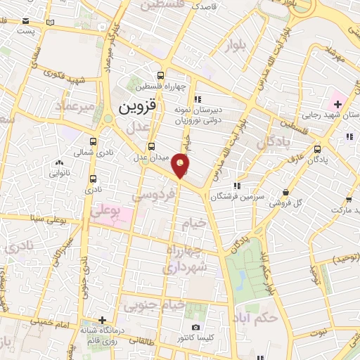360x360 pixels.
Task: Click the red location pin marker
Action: point(181,165)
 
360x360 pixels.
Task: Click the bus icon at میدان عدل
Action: point(152,146)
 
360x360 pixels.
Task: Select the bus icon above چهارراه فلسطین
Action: point(162,76)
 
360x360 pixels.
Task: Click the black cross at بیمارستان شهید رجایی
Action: point(337,104)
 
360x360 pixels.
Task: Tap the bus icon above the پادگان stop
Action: point(319,148)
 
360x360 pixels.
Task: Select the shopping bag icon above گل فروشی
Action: point(285,192)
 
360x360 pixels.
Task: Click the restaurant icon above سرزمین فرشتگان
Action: point(238,186)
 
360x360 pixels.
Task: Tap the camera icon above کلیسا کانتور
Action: point(196,327)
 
